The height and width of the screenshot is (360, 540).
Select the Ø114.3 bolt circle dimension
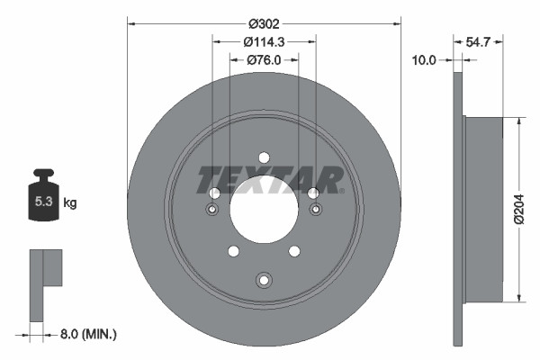click(264, 40)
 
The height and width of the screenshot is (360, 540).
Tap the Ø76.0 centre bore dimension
click(264, 59)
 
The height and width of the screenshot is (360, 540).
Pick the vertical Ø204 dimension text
click(518, 208)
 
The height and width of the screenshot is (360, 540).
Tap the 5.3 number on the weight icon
click(43, 202)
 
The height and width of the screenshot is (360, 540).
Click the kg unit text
click(69, 203)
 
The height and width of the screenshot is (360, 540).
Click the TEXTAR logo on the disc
click(269, 179)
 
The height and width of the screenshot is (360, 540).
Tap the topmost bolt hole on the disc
click(264, 157)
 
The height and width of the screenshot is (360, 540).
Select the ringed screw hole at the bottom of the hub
click(264, 279)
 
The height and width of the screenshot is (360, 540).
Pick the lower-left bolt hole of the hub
click(233, 251)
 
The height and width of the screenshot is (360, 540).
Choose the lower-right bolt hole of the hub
click(294, 251)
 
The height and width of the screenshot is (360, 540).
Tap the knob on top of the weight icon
click(43, 172)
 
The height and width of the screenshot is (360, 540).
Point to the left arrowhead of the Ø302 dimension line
click(130, 22)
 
